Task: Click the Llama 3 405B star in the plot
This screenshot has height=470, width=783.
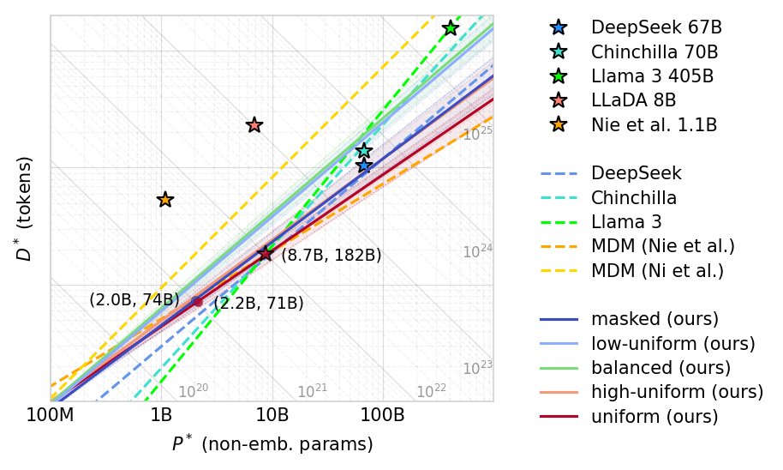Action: pos(450,28)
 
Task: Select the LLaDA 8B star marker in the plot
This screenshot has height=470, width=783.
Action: pos(254,125)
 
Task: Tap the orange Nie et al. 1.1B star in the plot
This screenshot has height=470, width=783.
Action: pos(165,200)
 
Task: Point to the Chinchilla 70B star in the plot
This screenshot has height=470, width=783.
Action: pos(364,151)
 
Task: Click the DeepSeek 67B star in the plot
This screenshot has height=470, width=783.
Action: pos(364,165)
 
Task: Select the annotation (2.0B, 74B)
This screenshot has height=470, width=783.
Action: pos(134,300)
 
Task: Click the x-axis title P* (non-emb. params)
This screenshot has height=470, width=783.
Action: pos(272,445)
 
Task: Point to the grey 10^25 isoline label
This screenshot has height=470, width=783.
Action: pos(477,135)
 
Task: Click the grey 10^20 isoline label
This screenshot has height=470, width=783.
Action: pos(193,391)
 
